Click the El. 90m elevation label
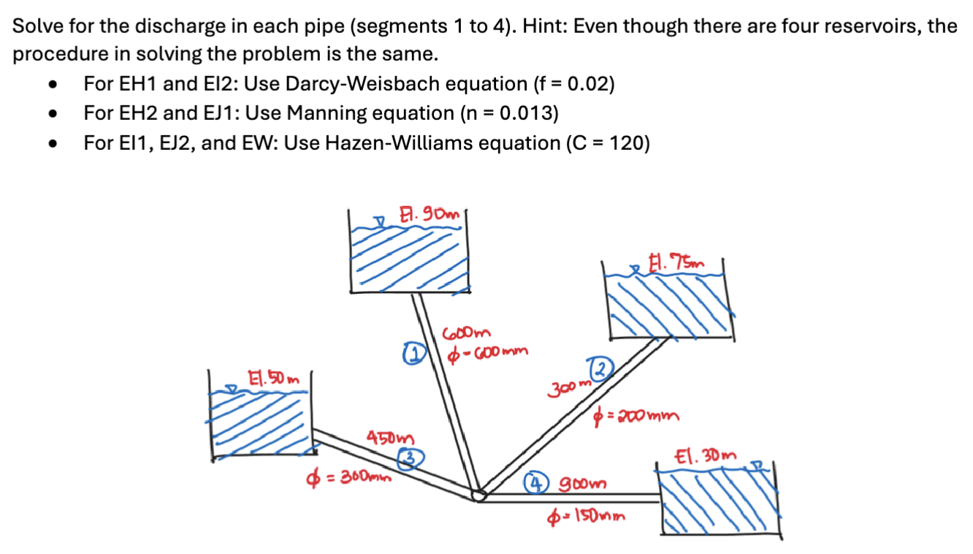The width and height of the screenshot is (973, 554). click(x=430, y=215)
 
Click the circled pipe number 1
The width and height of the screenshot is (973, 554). click(x=413, y=354)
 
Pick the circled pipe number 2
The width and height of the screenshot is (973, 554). click(x=600, y=368)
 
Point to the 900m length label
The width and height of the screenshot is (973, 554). click(x=583, y=484)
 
